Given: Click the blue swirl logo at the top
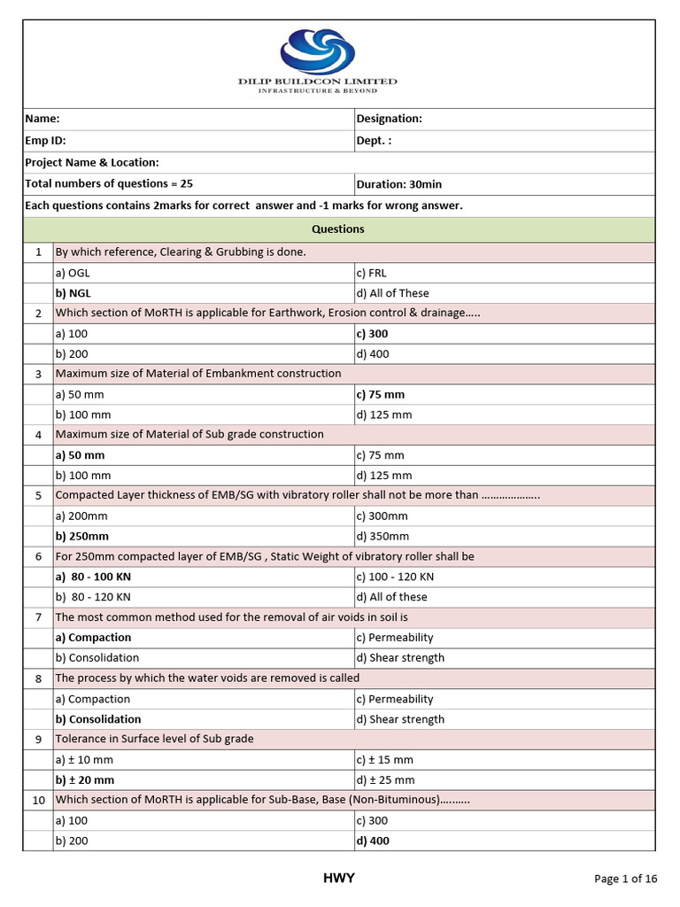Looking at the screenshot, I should coord(317,50).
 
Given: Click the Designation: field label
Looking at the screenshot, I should coord(389,119).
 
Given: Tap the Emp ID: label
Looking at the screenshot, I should coord(45,140).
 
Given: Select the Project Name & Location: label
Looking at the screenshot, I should coord(92,162).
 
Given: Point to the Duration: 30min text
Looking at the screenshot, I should coord(398,184).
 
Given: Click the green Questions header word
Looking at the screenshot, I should coord(338,229).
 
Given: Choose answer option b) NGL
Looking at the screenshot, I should coord(73,293).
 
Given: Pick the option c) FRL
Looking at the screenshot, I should coord(371,273).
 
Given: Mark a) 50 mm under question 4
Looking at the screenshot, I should coord(80,454).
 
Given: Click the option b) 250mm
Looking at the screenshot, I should coord(82,536).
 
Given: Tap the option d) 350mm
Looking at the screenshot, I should coord(382,536).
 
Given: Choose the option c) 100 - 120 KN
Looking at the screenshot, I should coord(395,577).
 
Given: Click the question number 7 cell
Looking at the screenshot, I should coord(39,616).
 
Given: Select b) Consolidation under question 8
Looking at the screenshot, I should coord(98,719).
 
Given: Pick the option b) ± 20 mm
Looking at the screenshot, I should coord(85,780).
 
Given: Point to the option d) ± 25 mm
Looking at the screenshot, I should coord(384,780).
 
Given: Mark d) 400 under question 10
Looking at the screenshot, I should coord(373,841).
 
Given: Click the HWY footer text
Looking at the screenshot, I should coord(338,878).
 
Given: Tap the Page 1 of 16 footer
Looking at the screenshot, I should coord(625,879).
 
